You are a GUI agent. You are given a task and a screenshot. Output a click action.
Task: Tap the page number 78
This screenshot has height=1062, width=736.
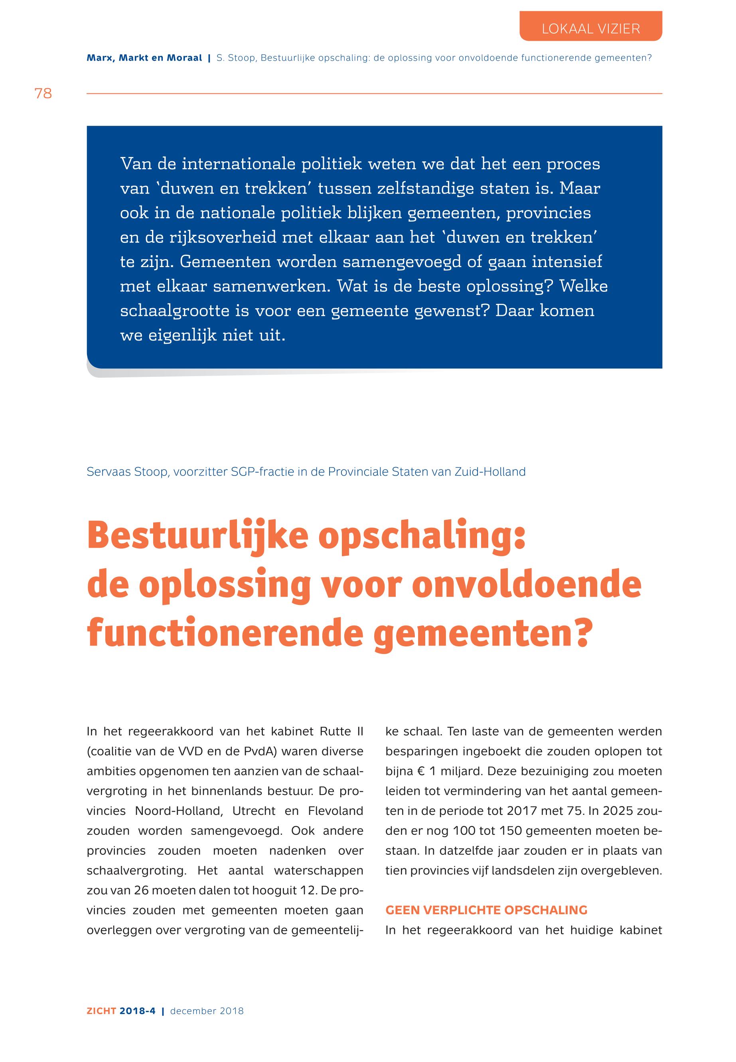click(43, 94)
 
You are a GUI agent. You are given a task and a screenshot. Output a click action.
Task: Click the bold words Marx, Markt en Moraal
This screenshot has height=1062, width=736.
click(144, 58)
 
